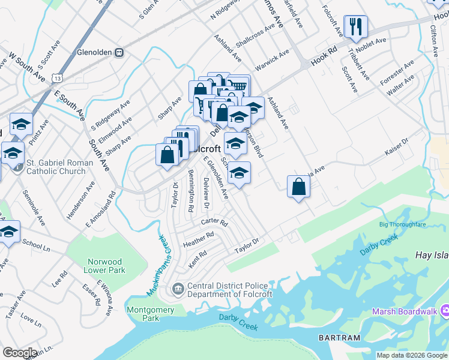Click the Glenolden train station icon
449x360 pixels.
119,52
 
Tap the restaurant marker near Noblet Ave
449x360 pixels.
355,26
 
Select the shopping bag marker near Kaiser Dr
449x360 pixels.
298,187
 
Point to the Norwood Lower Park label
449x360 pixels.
105,266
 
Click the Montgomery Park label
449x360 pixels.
151,314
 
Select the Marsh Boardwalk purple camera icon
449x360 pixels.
445,311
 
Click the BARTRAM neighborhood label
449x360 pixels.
340,338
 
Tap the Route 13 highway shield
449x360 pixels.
57,78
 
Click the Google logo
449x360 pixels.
20,353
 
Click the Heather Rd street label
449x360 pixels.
199,239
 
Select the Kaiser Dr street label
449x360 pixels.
396,145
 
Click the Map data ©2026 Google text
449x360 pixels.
412,355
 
